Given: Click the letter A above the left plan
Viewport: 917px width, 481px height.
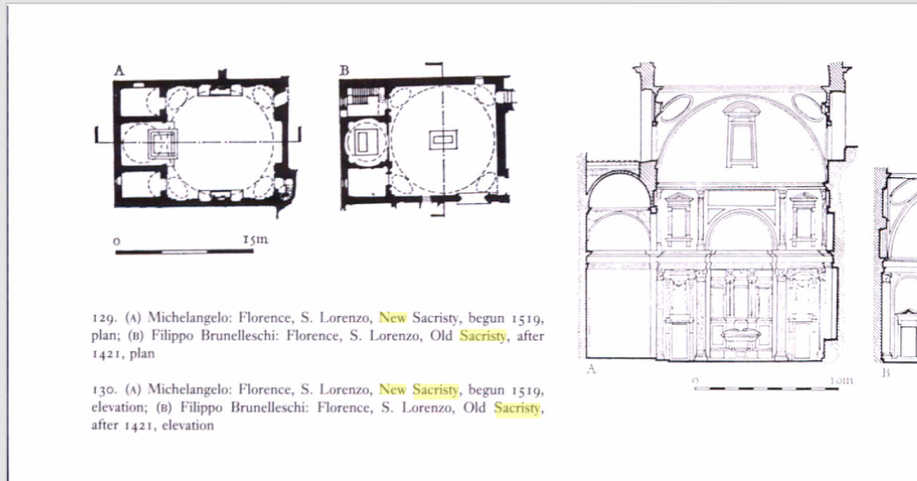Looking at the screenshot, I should [x=119, y=71].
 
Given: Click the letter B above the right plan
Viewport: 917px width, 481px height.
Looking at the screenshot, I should [x=344, y=71].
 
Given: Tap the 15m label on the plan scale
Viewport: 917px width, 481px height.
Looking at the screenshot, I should [x=256, y=240].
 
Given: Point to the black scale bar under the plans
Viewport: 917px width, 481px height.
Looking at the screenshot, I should [x=184, y=250].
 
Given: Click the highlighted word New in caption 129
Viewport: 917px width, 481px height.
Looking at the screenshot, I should [x=392, y=318].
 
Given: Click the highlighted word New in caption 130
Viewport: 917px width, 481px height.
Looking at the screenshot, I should [x=392, y=389].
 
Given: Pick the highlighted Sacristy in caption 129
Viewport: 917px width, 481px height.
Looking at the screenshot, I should [x=482, y=336].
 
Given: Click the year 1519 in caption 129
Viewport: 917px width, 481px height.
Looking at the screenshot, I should [x=526, y=318].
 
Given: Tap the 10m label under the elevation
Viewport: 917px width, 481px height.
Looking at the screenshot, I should [x=841, y=380].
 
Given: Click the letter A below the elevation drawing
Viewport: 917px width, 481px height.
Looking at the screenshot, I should [x=592, y=369].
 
